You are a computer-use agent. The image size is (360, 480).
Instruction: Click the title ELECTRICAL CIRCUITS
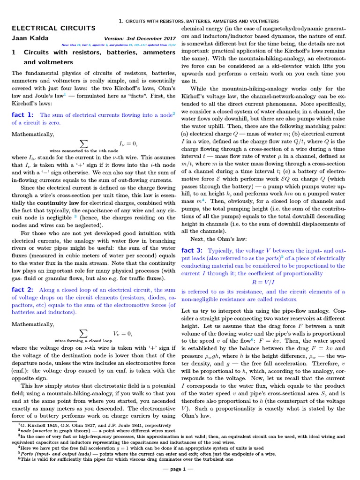click(x=53, y=29)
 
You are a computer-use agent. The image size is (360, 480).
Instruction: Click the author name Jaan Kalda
click(x=29, y=38)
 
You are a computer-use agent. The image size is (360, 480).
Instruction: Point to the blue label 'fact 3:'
click(x=192, y=250)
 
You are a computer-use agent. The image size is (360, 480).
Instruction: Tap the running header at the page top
click(x=199, y=21)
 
